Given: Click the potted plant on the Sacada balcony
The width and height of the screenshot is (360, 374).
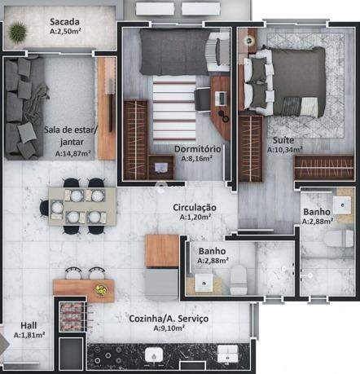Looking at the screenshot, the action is click(17, 33).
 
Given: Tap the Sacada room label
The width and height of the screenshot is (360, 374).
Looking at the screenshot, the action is click(64, 21).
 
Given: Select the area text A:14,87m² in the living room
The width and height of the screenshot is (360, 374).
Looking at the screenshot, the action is click(72, 153).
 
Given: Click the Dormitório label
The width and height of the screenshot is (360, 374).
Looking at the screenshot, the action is click(197, 149).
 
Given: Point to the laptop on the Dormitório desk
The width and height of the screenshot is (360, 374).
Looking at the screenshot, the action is click(221, 99).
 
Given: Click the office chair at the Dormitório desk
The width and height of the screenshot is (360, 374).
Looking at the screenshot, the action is click(202, 99).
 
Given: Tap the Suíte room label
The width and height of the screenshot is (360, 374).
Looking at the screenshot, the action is click(283, 140).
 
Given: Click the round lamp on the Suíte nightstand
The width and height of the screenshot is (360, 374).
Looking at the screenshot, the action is click(248, 41).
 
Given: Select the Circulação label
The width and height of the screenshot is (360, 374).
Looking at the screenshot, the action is click(195, 208).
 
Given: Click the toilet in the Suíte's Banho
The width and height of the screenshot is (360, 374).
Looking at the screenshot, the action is click(338, 239).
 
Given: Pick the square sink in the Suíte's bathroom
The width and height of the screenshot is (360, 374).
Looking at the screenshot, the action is click(342, 205).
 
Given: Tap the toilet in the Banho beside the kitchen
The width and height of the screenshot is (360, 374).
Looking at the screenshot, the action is click(239, 280).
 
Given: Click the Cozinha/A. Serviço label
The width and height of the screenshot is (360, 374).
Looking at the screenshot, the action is click(169, 319).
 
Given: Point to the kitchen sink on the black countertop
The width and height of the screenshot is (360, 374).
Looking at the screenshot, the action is click(154, 355).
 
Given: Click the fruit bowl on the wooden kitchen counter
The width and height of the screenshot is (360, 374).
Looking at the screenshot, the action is click(100, 290).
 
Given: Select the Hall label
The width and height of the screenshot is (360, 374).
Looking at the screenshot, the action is click(29, 325).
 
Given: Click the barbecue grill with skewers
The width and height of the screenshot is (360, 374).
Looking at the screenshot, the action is click(74, 316).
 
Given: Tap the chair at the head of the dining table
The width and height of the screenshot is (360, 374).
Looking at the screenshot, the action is click(44, 208).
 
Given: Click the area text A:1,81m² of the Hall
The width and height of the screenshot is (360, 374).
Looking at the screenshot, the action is click(29, 335).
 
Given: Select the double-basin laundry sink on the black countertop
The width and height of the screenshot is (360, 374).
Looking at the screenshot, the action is click(227, 354).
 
